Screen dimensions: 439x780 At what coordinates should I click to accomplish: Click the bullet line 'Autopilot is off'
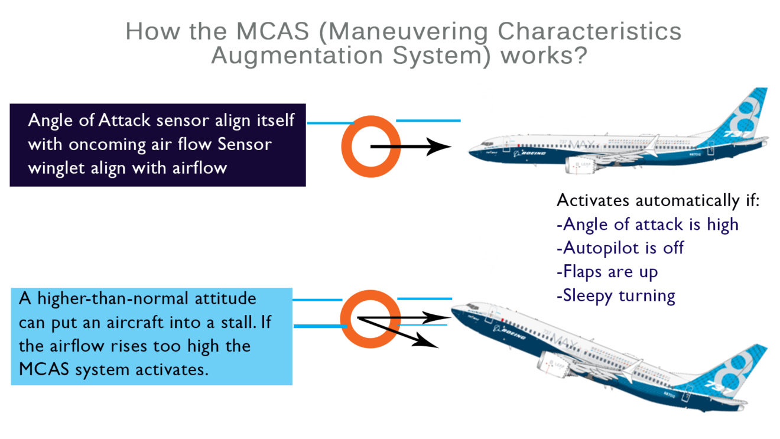(x=620, y=248)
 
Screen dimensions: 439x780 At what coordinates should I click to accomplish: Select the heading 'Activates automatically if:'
(x=658, y=200)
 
